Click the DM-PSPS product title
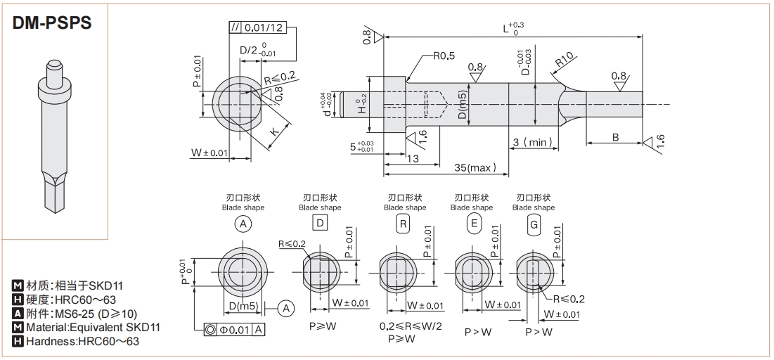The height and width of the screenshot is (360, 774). pos(53,22)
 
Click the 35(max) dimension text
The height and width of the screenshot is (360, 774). pos(475,167)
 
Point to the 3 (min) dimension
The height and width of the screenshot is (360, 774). pos(532,142)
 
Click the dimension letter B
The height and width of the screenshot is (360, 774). pos(615,137)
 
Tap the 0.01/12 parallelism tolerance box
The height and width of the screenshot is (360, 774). pos(263,28)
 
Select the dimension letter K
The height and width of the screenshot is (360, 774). pos(276,131)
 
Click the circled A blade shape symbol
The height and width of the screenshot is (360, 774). pos(243,225)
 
